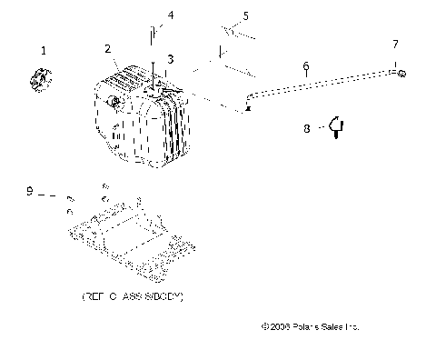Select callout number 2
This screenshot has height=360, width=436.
(107, 48)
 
